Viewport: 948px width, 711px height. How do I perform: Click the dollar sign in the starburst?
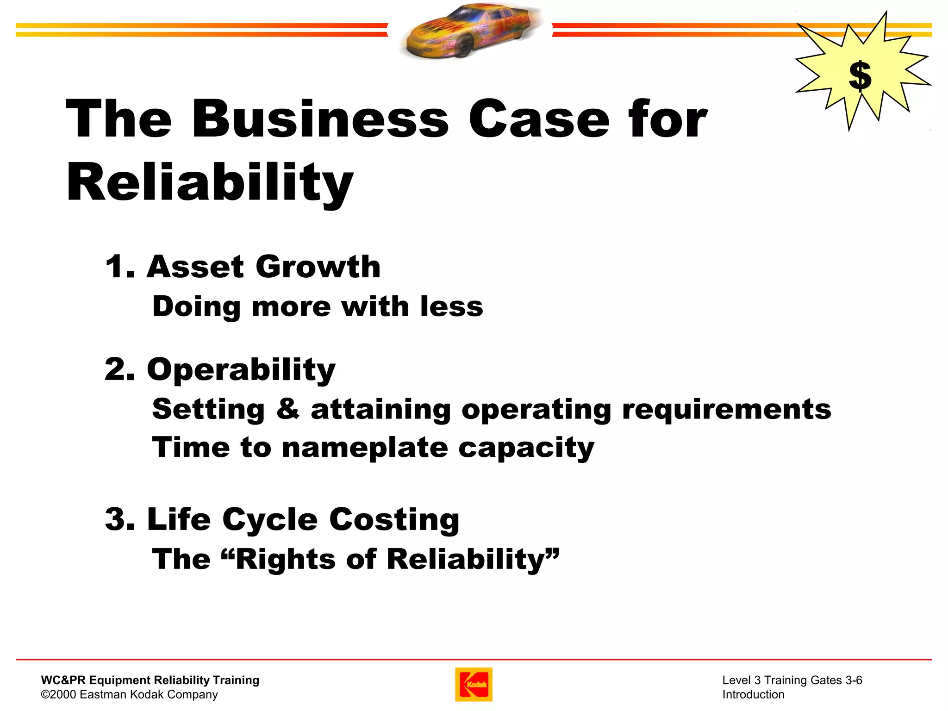point(860,76)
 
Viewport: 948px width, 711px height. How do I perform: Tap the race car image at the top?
point(470,31)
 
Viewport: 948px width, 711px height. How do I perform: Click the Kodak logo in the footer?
point(474,684)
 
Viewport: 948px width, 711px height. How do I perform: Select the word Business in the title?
point(320,119)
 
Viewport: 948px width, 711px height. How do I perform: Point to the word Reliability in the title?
point(210,183)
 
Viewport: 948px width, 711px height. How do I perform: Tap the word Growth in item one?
point(318,267)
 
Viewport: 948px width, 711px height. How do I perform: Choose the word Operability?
point(241,370)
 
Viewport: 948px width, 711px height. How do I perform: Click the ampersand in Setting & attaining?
point(288,409)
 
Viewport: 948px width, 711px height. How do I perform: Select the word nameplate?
point(365,448)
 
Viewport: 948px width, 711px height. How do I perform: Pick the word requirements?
point(726,409)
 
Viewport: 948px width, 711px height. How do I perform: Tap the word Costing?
point(394,519)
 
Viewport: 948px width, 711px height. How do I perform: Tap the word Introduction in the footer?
point(753,694)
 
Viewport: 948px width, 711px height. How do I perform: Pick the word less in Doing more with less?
point(451,307)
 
